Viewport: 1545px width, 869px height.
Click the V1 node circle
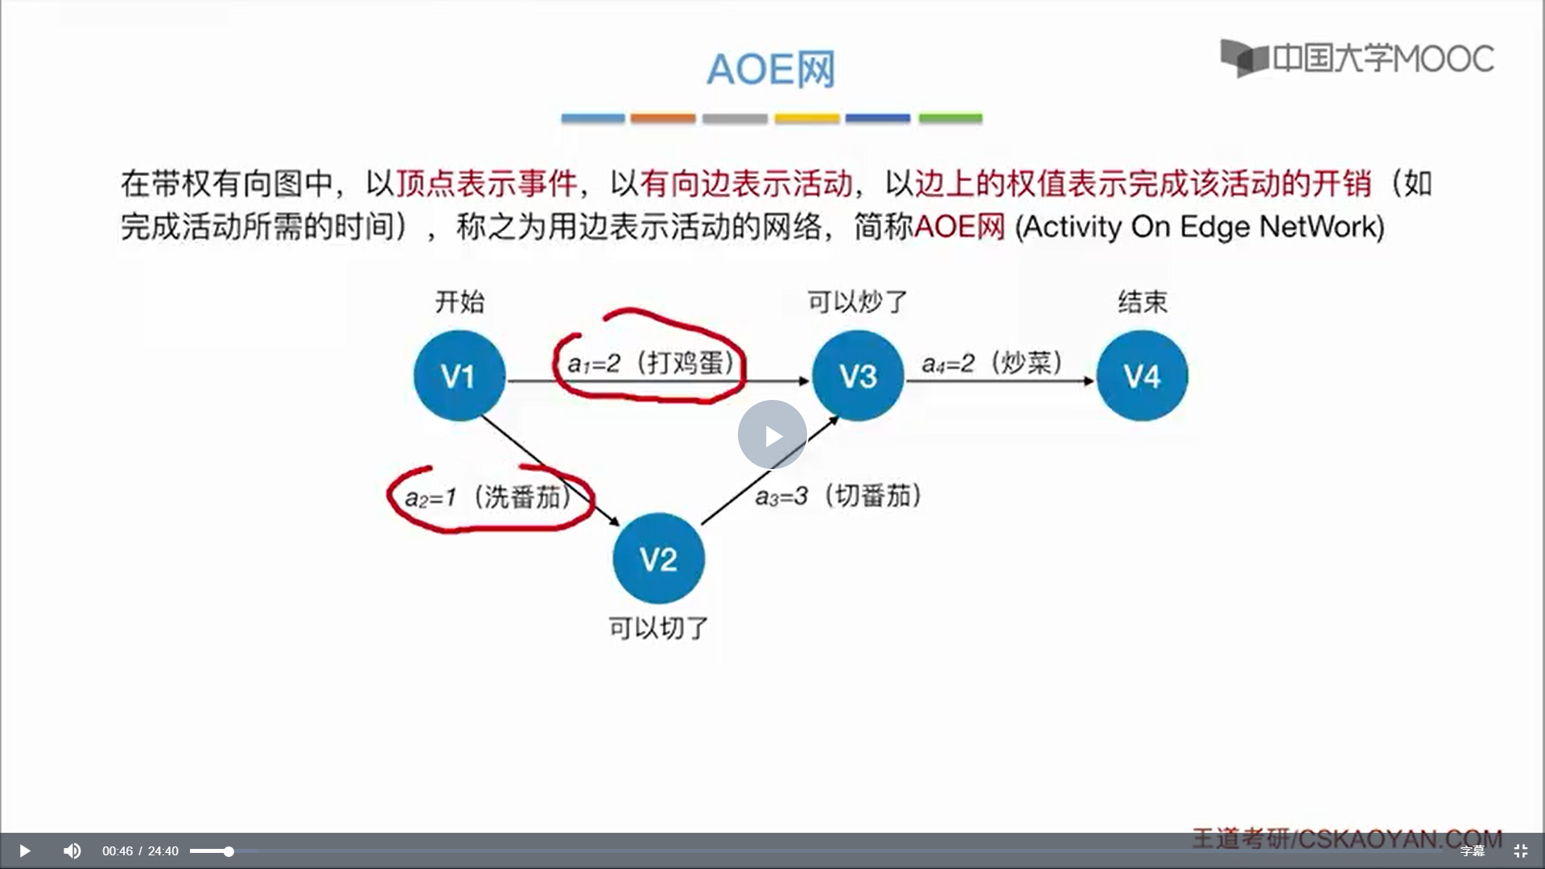(459, 376)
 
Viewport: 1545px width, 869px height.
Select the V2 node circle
(658, 558)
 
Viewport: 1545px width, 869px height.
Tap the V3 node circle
(857, 376)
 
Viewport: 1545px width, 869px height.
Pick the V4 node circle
(1141, 376)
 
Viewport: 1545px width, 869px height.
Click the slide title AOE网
(771, 69)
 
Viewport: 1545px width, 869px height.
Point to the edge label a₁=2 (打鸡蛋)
(651, 363)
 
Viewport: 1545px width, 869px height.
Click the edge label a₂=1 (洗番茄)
(488, 497)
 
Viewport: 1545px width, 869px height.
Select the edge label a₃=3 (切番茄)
(838, 496)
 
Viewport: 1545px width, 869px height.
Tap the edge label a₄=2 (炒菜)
(991, 363)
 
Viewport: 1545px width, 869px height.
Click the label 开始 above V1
(459, 302)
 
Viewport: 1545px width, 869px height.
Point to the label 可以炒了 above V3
(857, 302)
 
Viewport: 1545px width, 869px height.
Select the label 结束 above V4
(1142, 302)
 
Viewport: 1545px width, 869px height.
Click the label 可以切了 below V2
(658, 628)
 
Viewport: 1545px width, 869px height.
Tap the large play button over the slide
(772, 435)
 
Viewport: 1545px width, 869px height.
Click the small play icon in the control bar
(24, 850)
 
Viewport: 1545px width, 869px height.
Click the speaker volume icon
(72, 850)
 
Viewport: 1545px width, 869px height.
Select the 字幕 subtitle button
(1472, 850)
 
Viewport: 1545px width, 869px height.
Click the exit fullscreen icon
(1520, 850)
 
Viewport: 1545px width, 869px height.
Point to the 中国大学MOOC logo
(1358, 58)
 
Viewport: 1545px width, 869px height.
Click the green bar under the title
(950, 118)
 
